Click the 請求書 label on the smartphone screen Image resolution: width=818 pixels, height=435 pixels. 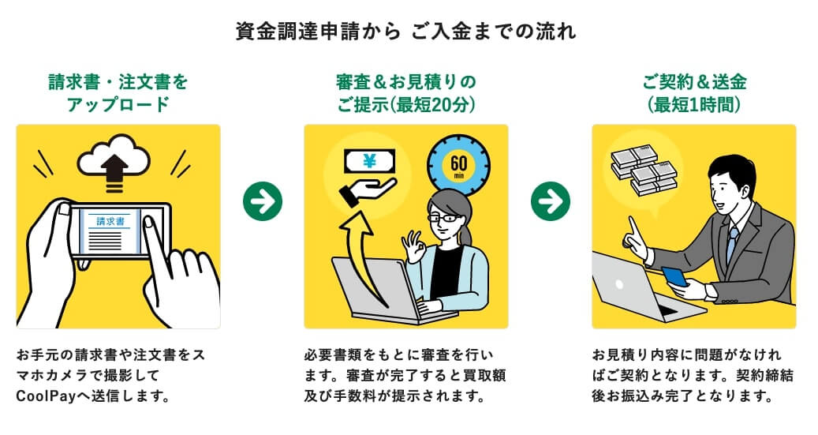110,222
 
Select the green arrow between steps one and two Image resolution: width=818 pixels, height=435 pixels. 262,202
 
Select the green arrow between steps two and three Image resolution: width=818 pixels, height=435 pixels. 550,202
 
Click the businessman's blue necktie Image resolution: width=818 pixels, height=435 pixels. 731,241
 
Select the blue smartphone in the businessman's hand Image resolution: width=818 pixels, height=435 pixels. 674,276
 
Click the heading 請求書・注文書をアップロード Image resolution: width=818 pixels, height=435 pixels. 118,92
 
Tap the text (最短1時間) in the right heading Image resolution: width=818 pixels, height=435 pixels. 693,104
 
